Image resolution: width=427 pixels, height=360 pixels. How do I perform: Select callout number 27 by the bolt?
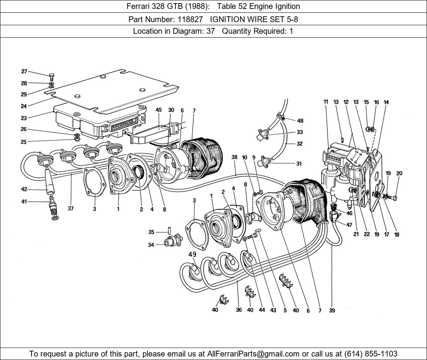[24, 71]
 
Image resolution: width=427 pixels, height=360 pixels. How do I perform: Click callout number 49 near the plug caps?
[192, 254]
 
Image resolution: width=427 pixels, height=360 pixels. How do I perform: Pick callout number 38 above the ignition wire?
[234, 157]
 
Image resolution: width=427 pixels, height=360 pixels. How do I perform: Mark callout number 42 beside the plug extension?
[24, 189]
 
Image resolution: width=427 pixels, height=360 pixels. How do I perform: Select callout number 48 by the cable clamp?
[300, 121]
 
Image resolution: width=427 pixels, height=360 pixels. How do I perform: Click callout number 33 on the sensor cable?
[300, 132]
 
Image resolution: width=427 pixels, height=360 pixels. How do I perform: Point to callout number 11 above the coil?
[326, 102]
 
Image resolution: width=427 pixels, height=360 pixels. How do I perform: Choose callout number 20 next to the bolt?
[399, 173]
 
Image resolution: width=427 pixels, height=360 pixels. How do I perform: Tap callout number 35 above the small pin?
[151, 232]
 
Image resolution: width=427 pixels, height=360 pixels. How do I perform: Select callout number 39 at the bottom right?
[332, 310]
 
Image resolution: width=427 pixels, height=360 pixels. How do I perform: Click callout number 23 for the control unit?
[24, 118]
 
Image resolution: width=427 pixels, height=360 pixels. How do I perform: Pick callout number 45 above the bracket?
[159, 111]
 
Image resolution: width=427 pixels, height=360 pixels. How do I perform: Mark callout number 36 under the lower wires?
[239, 310]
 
